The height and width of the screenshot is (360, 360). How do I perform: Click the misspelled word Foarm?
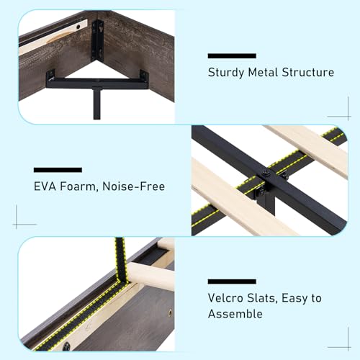coord(85,186)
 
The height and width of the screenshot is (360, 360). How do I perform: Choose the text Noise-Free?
coord(137,186)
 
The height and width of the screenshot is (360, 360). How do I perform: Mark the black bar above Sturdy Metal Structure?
coord(231,55)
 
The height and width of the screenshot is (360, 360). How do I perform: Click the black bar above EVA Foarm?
coord(58,170)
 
